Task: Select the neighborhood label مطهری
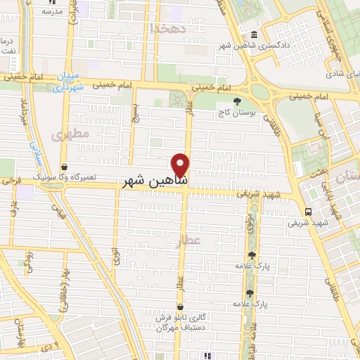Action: (75, 133)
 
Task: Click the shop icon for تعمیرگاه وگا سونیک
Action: (65, 167)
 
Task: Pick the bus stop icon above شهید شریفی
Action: (308, 212)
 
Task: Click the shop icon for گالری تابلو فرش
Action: (181, 307)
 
